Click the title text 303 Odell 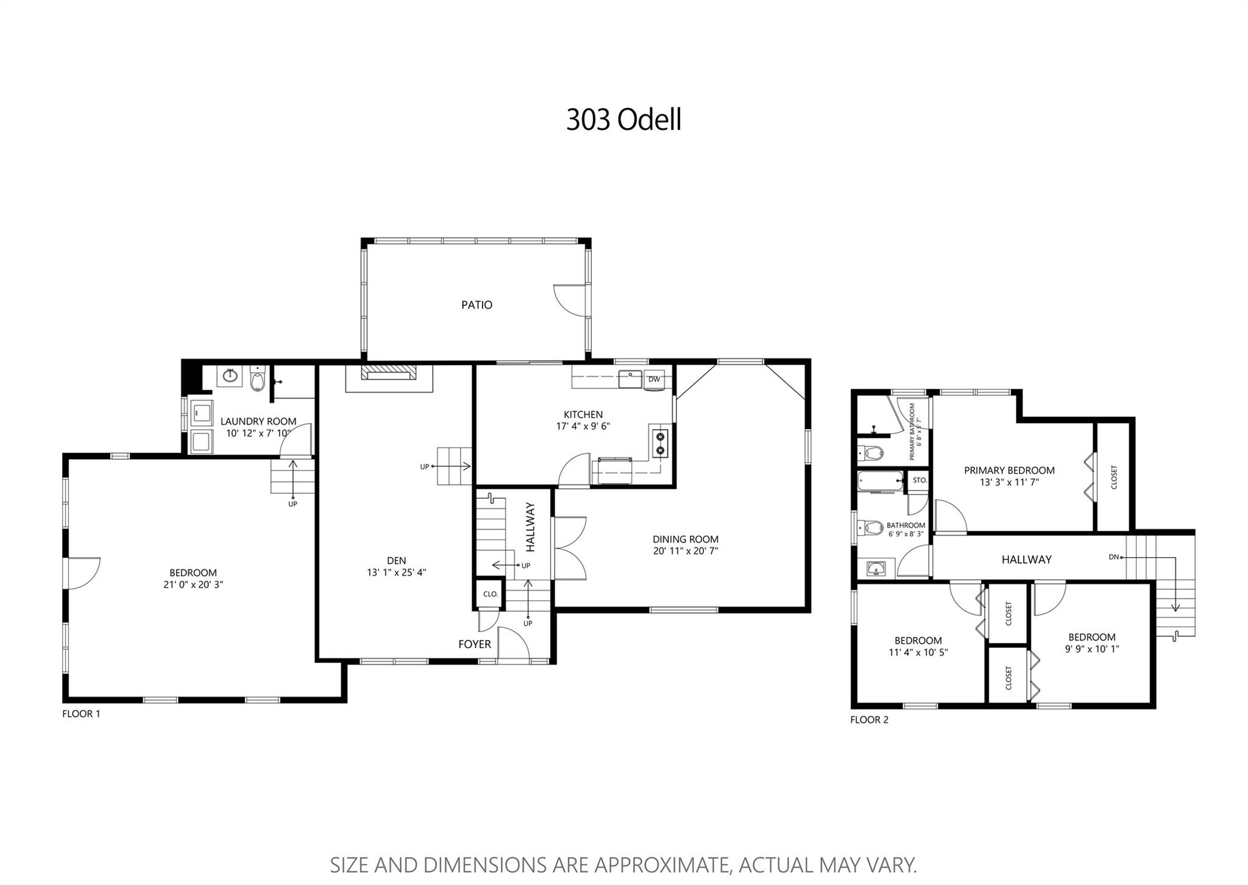tap(623, 119)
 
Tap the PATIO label tap(477, 305)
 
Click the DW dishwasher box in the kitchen tap(654, 379)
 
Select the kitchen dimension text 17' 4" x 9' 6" tap(583, 427)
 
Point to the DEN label tap(396, 561)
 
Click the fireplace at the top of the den tap(389, 372)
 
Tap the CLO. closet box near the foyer tap(491, 594)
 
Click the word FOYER tap(475, 644)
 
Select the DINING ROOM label tap(686, 539)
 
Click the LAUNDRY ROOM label tap(258, 421)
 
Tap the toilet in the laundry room tap(258, 380)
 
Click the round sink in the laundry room tap(230, 376)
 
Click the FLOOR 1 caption tap(81, 714)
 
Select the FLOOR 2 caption tap(870, 720)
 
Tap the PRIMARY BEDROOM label tap(1009, 471)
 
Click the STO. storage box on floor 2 tap(920, 480)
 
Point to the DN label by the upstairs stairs tap(1113, 557)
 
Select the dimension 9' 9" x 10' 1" tap(1092, 649)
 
